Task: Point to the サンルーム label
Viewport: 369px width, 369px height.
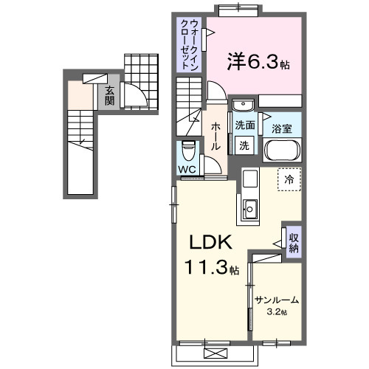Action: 277,300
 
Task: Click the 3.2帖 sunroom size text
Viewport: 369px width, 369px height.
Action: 277,312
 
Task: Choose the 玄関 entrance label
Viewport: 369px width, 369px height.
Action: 109,96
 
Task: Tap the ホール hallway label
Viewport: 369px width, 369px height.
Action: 215,137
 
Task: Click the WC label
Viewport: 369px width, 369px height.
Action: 187,168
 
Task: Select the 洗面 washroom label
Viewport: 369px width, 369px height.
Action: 245,125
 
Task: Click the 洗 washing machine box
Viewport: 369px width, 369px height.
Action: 245,145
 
